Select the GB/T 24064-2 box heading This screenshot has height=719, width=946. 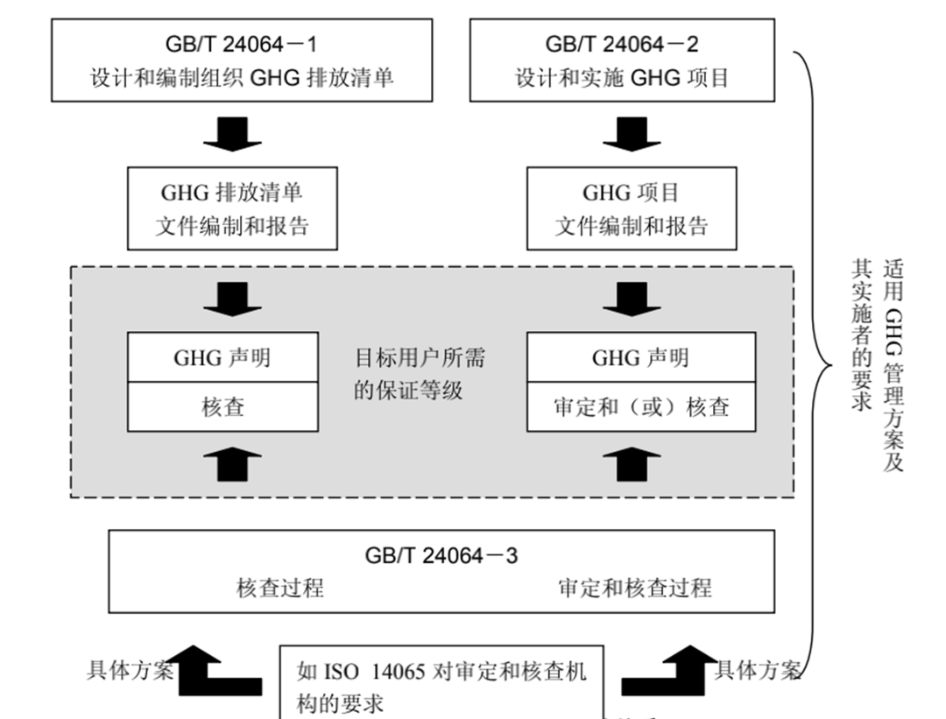tap(622, 44)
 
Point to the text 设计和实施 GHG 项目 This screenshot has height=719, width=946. tap(622, 77)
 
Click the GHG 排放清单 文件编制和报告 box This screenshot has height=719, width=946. tap(232, 208)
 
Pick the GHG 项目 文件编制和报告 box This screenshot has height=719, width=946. tap(632, 208)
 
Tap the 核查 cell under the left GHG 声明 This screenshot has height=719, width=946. tap(222, 407)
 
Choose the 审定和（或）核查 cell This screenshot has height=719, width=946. tap(640, 407)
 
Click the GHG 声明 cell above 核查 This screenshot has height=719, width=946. tap(222, 357)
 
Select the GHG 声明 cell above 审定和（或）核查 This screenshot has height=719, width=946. tap(640, 357)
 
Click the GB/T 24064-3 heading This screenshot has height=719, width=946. tap(441, 554)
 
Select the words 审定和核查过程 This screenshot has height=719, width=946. tap(634, 587)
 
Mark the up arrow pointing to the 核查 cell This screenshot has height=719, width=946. tap(232, 462)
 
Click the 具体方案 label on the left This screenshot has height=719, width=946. tap(131, 671)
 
